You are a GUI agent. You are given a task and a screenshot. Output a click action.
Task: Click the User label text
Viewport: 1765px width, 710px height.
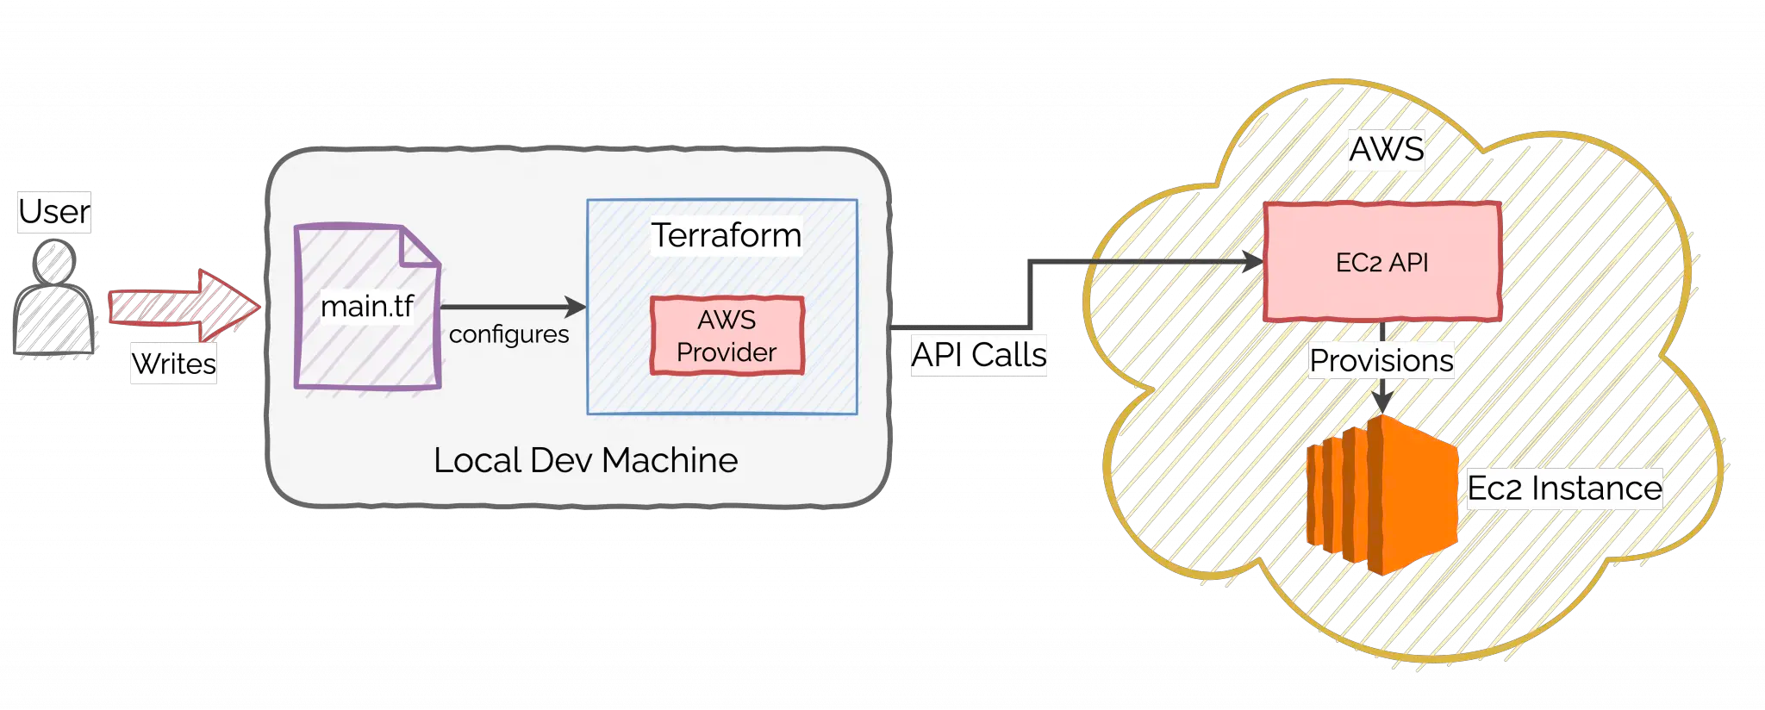(54, 212)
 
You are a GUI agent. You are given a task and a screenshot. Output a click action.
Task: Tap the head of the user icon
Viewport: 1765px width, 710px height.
(54, 261)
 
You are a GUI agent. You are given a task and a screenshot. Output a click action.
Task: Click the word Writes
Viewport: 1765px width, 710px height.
(174, 364)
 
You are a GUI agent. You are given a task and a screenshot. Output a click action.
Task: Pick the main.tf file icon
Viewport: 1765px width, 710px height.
(367, 327)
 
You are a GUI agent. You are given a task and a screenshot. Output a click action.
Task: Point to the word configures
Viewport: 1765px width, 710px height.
(508, 334)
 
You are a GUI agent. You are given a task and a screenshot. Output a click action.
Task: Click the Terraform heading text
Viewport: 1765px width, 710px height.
(726, 235)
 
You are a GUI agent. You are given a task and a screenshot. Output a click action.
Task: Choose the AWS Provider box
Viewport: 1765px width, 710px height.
(727, 335)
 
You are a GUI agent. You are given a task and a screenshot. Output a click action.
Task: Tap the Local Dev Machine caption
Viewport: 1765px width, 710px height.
(585, 460)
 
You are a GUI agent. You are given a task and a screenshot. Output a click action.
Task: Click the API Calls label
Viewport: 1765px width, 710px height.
(979, 355)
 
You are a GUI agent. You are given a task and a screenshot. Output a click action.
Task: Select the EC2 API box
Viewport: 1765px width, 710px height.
(1382, 262)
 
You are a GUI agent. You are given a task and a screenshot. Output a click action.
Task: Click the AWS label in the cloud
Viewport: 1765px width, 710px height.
(1386, 150)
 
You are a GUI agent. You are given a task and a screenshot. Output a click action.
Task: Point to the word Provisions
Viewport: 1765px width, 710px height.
(1381, 361)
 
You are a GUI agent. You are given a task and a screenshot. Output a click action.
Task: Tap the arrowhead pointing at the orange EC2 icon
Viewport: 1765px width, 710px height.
(1382, 402)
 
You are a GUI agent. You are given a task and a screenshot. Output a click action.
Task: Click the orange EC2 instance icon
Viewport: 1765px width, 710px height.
(1381, 495)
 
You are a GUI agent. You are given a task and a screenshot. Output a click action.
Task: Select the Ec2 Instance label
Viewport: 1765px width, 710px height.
(1564, 489)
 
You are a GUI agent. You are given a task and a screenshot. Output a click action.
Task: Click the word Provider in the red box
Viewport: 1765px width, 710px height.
(727, 352)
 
